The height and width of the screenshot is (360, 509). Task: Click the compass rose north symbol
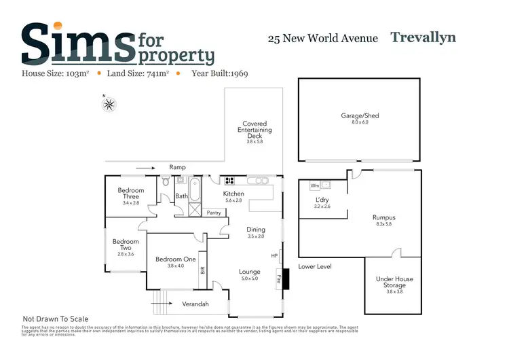point(110,104)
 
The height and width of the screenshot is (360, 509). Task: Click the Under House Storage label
point(394,283)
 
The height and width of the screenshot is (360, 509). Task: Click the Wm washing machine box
point(314,185)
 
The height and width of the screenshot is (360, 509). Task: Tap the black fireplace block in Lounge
point(284,278)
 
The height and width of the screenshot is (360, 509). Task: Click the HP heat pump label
point(274,256)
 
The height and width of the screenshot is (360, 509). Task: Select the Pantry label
point(215,213)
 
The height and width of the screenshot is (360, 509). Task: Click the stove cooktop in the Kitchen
point(229,181)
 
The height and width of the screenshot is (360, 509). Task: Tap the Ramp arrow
point(145,167)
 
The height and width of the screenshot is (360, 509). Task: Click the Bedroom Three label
point(131,194)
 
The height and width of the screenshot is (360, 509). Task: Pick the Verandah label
point(195,304)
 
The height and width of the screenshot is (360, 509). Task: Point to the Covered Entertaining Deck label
point(254,130)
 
